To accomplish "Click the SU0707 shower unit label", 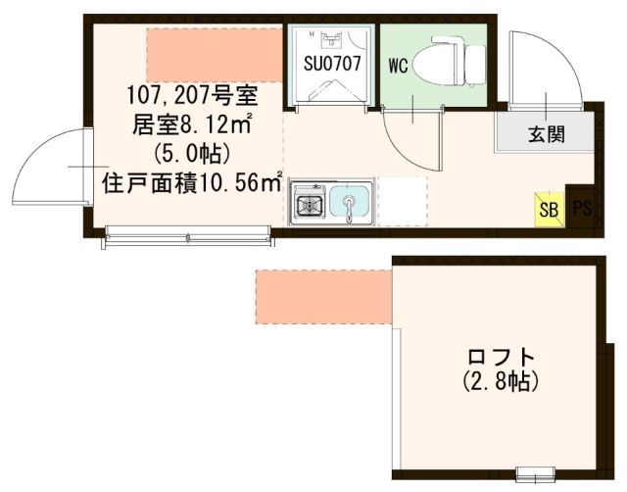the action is (x=332, y=63).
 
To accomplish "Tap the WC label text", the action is (x=398, y=66).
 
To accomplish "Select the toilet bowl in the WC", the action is (x=436, y=66).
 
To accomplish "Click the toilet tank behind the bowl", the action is (x=475, y=65).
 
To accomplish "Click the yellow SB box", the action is (x=550, y=209).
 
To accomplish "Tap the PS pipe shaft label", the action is (x=582, y=208).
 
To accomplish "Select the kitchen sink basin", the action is (x=350, y=203).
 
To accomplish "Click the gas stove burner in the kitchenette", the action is (x=310, y=205).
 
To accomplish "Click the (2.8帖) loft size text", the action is (x=501, y=381).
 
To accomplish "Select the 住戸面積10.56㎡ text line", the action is (x=193, y=183).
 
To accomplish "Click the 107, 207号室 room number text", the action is (x=192, y=96).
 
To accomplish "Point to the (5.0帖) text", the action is (x=192, y=153).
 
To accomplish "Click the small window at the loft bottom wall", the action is (x=536, y=473).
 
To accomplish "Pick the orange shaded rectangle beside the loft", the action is (x=323, y=297).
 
